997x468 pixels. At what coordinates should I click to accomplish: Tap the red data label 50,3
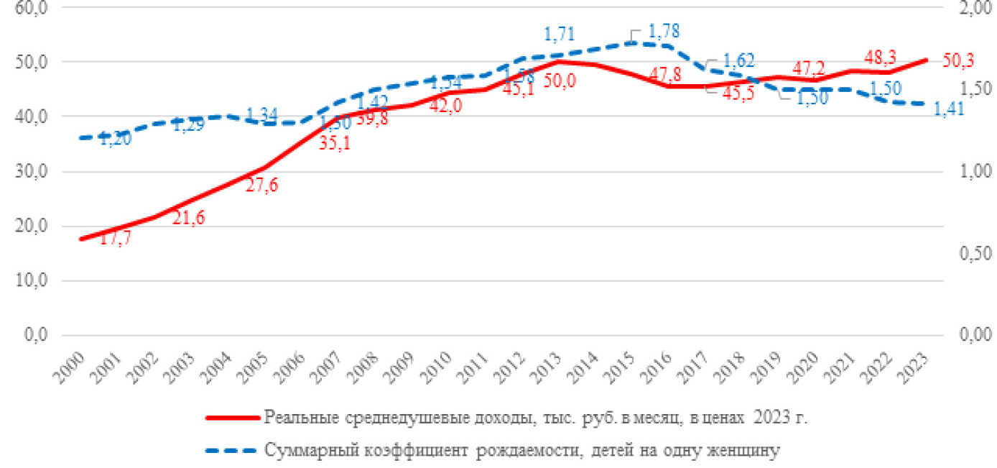click(957, 62)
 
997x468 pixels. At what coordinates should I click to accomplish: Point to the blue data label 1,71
click(560, 34)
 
